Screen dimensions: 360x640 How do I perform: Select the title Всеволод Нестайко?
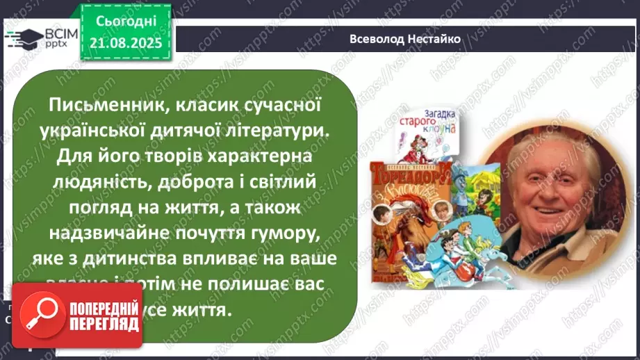[x=406, y=40]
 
